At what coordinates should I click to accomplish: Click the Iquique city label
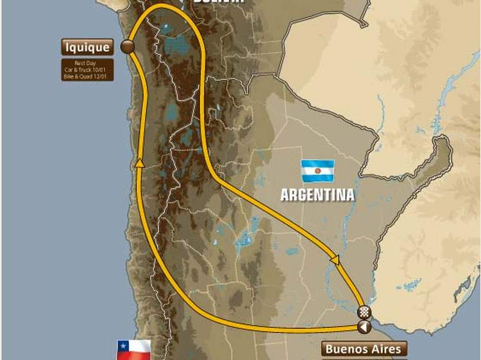click(88, 47)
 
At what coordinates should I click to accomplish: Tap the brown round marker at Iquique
click(128, 46)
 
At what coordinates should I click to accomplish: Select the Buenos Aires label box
click(364, 349)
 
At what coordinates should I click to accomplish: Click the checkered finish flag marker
click(364, 313)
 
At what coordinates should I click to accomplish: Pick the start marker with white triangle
click(364, 327)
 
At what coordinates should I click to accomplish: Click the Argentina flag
click(318, 171)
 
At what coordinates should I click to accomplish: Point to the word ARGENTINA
click(317, 195)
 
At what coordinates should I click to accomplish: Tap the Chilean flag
click(133, 350)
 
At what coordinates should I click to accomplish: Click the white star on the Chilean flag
click(122, 345)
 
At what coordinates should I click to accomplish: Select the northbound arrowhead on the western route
click(139, 165)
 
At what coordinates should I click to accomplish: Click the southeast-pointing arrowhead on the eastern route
click(334, 259)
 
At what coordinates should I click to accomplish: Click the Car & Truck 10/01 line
click(88, 69)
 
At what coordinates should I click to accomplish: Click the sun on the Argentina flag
click(318, 171)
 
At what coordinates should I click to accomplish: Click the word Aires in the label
click(385, 349)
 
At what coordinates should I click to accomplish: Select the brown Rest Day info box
click(88, 69)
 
